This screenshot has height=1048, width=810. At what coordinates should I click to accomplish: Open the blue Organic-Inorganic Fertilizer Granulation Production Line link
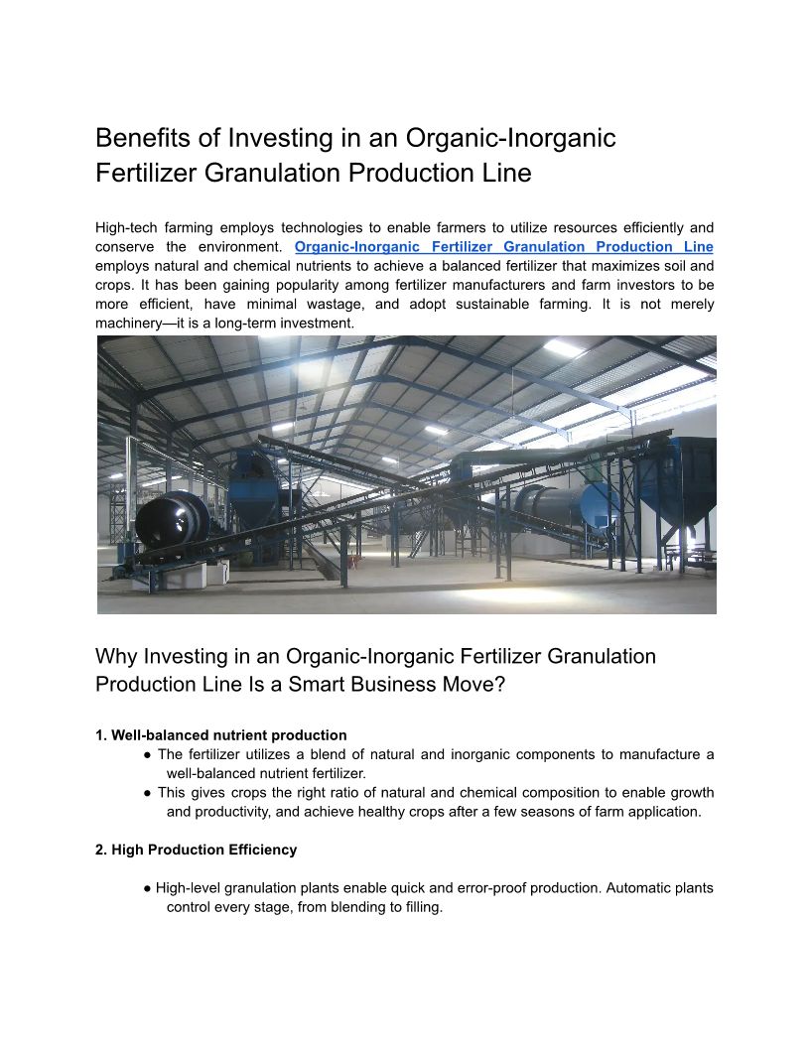[504, 247]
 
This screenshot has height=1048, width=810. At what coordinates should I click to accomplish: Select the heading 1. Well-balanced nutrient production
[221, 735]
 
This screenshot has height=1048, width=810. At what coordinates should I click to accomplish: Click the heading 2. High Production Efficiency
[197, 850]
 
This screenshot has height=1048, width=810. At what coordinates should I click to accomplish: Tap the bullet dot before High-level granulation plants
[148, 888]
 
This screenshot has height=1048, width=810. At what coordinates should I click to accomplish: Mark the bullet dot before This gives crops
[148, 793]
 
